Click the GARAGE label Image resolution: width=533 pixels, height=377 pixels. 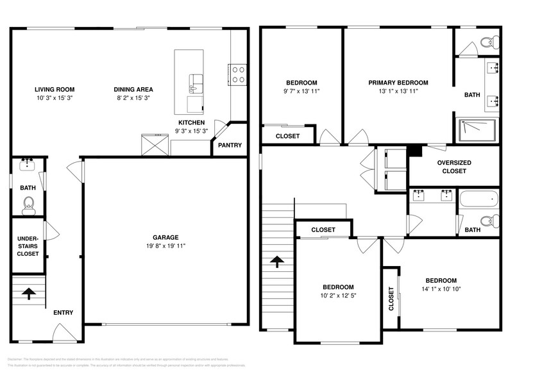tap(165, 237)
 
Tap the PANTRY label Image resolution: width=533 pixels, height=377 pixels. tap(230, 146)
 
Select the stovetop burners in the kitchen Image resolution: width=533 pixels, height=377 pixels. tap(237, 74)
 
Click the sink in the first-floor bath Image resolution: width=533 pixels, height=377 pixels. tap(28, 166)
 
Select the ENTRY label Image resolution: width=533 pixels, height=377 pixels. tap(63, 313)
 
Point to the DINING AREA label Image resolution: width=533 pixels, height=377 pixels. tap(133, 90)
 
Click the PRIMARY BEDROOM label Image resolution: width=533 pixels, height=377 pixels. tap(398, 83)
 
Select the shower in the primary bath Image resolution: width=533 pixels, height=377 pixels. tap(477, 130)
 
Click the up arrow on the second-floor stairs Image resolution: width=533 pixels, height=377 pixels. tap(276, 261)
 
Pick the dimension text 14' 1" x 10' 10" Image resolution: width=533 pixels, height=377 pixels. tap(441, 290)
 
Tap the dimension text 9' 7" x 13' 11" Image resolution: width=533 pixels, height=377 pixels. tap(301, 92)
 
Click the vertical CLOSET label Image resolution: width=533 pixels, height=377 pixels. tap(391, 299)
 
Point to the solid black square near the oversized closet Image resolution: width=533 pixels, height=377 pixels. tap(415, 151)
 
